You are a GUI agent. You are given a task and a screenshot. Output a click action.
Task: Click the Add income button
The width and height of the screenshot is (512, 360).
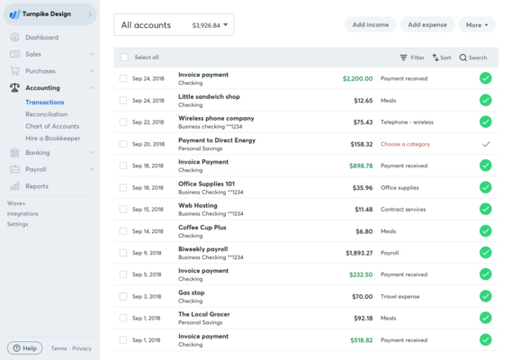[x=371, y=24]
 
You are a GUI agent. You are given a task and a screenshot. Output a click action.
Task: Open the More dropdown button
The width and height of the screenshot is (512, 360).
[x=476, y=24]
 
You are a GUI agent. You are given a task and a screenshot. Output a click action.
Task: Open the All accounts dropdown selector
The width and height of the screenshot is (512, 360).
[x=174, y=25]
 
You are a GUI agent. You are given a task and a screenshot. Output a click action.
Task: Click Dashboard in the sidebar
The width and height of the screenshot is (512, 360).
[x=41, y=38]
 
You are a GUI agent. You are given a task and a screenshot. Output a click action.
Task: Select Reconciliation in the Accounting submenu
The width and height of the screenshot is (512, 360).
[x=46, y=114]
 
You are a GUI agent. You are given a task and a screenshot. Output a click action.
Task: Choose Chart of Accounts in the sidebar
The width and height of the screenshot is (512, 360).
[x=52, y=126]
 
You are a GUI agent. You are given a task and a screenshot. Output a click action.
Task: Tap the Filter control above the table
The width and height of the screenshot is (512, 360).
[x=411, y=58]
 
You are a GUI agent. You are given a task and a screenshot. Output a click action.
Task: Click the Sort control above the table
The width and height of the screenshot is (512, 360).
[x=441, y=58]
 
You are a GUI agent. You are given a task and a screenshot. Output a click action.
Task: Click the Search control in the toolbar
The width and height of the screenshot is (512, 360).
[x=473, y=58]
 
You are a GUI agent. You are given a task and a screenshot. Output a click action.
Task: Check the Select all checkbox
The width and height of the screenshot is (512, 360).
[x=124, y=58]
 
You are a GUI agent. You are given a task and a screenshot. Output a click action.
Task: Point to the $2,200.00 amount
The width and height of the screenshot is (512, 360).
[x=357, y=78]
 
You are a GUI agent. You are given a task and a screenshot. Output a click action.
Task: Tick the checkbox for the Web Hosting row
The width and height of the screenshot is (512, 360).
[x=124, y=209]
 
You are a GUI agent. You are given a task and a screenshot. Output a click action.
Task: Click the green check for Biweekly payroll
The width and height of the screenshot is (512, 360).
[x=486, y=253]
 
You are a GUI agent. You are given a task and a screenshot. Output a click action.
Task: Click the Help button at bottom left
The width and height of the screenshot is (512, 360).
[x=24, y=348]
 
